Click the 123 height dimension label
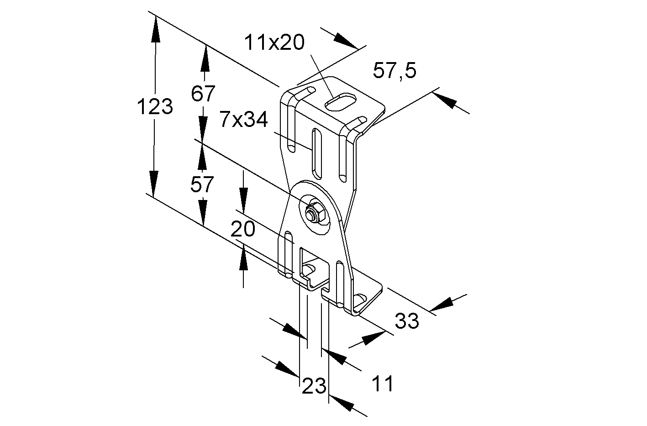pyautogui.click(x=155, y=106)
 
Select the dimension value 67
pyautogui.click(x=203, y=93)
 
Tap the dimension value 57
pyautogui.click(x=202, y=184)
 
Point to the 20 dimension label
pyautogui.click(x=243, y=229)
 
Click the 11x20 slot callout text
pyautogui.click(x=274, y=42)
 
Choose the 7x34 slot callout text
pyautogui.click(x=244, y=119)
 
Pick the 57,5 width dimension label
pyautogui.click(x=395, y=70)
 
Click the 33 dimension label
pyautogui.click(x=407, y=321)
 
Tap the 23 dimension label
pyautogui.click(x=314, y=386)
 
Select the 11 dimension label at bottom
pyautogui.click(x=383, y=383)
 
